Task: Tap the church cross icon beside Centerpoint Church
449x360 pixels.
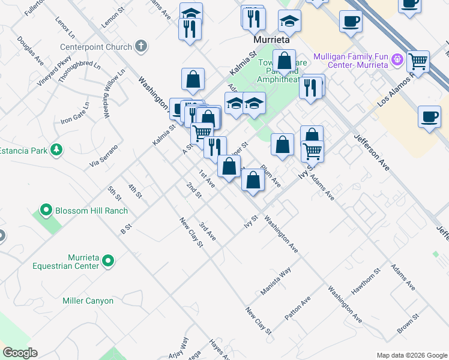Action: click(141, 46)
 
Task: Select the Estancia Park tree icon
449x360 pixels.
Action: click(56, 149)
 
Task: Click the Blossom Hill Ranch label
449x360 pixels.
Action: click(91, 211)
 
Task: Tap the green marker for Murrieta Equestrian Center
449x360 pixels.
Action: click(108, 260)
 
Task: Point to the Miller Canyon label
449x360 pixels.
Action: click(88, 301)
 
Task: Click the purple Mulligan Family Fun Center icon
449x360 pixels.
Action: click(396, 60)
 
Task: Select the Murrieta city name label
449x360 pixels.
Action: click(271, 39)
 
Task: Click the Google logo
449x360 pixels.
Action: click(20, 353)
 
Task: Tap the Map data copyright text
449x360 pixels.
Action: click(412, 355)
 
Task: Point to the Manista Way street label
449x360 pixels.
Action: click(276, 281)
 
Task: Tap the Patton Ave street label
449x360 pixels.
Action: click(298, 308)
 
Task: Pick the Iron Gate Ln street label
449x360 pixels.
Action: click(75, 112)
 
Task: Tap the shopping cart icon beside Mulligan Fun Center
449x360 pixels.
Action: click(418, 61)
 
